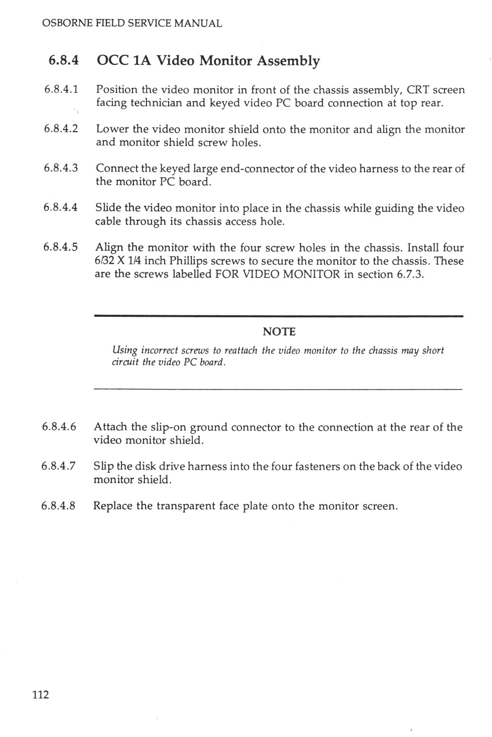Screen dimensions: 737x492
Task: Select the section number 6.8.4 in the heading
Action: click(x=63, y=61)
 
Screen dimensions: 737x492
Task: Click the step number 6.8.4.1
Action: click(x=61, y=90)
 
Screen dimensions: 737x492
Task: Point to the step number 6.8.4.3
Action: click(x=61, y=168)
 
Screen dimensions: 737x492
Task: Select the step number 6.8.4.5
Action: click(x=60, y=247)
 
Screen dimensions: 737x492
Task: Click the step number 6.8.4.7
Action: click(x=59, y=466)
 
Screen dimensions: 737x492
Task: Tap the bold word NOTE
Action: click(x=278, y=331)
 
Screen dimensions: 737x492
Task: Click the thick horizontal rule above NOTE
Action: click(x=278, y=316)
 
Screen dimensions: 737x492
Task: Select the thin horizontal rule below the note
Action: click(x=278, y=389)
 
